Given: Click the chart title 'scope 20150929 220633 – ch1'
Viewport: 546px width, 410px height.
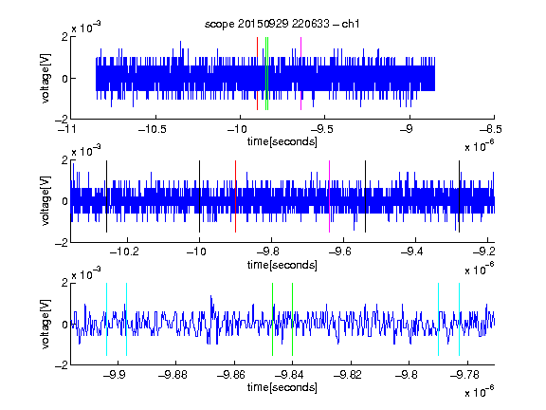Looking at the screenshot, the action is pyautogui.click(x=282, y=24).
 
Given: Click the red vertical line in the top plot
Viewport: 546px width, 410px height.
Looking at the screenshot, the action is pyautogui.click(x=257, y=74).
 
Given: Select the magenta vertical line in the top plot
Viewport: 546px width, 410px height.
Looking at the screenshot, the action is pyautogui.click(x=300, y=74).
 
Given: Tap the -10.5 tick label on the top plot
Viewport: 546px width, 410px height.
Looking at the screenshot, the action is pyautogui.click(x=153, y=129).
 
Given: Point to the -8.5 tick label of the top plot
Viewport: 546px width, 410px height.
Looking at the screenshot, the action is pyautogui.click(x=491, y=129).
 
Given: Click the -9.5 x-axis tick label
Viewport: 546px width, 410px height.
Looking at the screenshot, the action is pyautogui.click(x=321, y=129).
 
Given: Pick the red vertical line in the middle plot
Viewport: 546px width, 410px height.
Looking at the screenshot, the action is pyautogui.click(x=235, y=196).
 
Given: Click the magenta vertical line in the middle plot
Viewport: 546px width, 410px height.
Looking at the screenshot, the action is pyautogui.click(x=330, y=196).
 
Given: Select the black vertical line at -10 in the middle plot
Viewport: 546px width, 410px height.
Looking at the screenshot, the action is pyautogui.click(x=199, y=196).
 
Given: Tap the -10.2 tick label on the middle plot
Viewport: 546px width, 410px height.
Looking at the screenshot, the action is pyautogui.click(x=124, y=252).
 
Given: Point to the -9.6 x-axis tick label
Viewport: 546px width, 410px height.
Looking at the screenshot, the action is pyautogui.click(x=339, y=252).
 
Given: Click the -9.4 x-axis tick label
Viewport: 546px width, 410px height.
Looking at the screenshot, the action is pyautogui.click(x=411, y=252).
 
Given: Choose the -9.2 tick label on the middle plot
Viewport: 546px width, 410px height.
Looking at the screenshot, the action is pyautogui.click(x=483, y=252).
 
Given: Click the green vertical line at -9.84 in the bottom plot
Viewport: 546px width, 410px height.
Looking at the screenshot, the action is pyautogui.click(x=292, y=319).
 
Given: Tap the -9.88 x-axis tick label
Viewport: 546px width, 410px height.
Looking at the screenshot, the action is pyautogui.click(x=173, y=375).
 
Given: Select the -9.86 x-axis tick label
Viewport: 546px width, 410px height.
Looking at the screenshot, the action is pyautogui.click(x=231, y=375).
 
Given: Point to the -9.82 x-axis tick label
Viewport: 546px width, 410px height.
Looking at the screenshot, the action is pyautogui.click(x=348, y=375).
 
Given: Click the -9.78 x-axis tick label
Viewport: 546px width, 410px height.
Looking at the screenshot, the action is pyautogui.click(x=464, y=375).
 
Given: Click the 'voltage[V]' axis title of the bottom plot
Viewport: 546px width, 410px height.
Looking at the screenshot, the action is pyautogui.click(x=45, y=324).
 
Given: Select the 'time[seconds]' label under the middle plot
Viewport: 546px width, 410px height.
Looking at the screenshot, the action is pyautogui.click(x=282, y=266).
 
